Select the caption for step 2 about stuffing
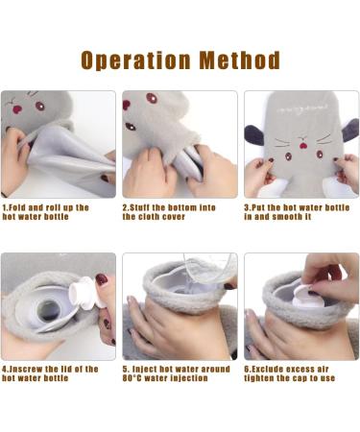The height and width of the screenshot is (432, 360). [x=168, y=211]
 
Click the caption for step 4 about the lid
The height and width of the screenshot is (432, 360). [x=50, y=373]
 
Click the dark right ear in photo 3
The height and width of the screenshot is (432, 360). [x=348, y=130]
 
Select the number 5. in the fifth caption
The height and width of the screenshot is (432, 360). [x=127, y=369]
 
